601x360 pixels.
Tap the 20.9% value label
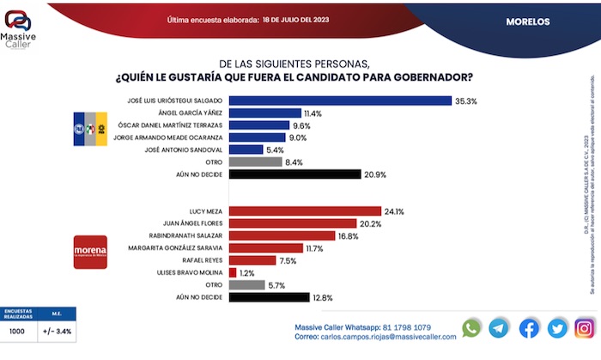coord(375,174)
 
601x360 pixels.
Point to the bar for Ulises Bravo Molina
coord(232,272)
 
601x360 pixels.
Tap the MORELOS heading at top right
coord(528,21)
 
